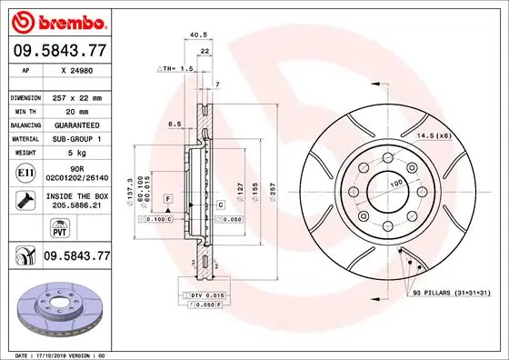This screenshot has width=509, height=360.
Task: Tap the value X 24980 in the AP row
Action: [75, 69]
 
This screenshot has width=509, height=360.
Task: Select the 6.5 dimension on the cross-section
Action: [175, 125]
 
